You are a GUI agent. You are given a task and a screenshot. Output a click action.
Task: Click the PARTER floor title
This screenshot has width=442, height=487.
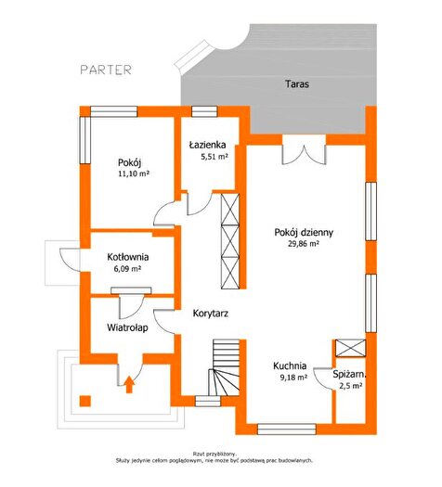tap(106, 70)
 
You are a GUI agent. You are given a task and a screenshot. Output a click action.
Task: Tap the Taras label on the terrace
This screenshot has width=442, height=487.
tap(297, 83)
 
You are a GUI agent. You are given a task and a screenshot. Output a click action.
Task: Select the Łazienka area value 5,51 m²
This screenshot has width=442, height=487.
tap(214, 157)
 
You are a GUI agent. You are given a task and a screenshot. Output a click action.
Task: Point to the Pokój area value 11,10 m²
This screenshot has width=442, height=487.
tap(134, 173)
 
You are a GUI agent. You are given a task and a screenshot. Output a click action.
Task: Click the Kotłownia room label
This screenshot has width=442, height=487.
tap(128, 257)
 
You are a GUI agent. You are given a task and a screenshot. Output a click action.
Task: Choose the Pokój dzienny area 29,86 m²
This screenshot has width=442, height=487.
tap(304, 244)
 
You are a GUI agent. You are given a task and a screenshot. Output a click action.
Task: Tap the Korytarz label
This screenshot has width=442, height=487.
tap(211, 314)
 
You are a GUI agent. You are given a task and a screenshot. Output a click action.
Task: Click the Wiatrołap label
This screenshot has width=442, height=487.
tap(127, 327)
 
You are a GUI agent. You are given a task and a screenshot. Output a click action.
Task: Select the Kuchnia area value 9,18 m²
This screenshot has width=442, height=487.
tap(293, 378)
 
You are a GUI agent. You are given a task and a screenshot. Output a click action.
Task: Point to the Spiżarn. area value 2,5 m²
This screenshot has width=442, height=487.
tap(350, 386)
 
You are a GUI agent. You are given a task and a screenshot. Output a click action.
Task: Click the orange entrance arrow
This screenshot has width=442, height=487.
tap(129, 384)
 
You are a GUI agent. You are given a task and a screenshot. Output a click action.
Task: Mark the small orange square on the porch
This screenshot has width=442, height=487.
tap(84, 401)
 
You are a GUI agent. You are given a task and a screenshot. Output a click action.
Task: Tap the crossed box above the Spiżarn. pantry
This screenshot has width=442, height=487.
tap(351, 348)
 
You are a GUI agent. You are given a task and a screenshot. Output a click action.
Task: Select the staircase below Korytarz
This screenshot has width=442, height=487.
tap(226, 367)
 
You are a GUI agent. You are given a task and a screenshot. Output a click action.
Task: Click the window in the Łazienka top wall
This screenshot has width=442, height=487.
tap(204, 111)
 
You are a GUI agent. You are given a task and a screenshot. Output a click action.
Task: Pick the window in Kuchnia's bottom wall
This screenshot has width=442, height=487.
tap(287, 429)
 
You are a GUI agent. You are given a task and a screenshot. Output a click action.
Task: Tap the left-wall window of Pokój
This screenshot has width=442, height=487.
tap(84, 140)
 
